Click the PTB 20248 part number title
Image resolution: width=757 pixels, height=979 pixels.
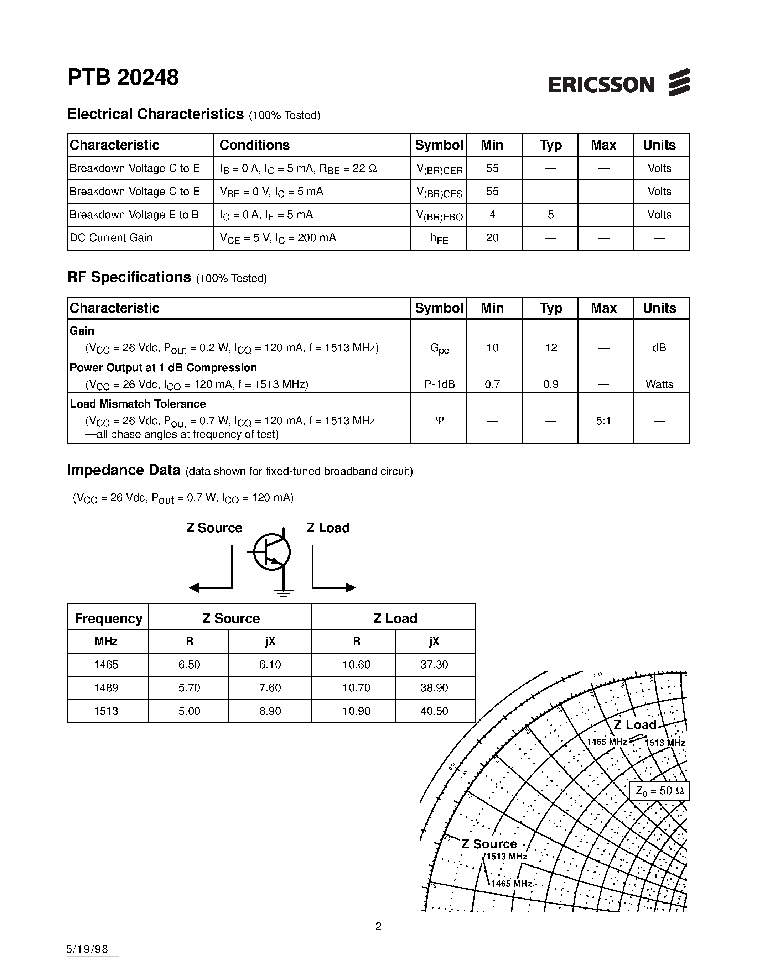pyautogui.click(x=123, y=78)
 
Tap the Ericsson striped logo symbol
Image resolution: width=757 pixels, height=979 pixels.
pyautogui.click(x=679, y=83)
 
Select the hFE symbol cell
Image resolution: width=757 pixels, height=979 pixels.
pyautogui.click(x=439, y=239)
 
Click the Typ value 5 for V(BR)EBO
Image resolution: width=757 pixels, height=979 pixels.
pyautogui.click(x=550, y=215)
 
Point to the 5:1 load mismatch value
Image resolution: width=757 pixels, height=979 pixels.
pyautogui.click(x=603, y=421)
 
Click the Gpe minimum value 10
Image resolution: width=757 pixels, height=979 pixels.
pyautogui.click(x=492, y=347)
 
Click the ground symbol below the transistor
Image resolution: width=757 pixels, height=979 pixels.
pyautogui.click(x=284, y=593)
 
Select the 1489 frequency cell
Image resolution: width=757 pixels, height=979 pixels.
pyautogui.click(x=106, y=688)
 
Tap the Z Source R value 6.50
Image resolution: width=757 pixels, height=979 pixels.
pyautogui.click(x=189, y=664)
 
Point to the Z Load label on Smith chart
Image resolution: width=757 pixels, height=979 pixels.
pyautogui.click(x=634, y=725)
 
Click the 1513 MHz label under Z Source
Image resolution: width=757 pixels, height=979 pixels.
pyautogui.click(x=506, y=857)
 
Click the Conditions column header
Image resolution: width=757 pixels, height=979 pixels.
pyautogui.click(x=254, y=145)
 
